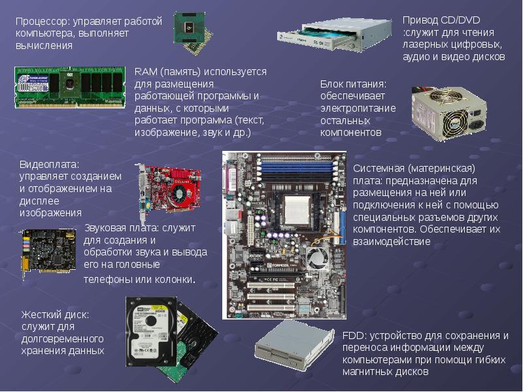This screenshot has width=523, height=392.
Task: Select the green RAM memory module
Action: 70,88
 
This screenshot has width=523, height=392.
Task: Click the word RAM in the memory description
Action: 145,72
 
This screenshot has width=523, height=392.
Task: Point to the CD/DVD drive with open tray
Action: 334,35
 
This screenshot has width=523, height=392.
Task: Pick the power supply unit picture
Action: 449,113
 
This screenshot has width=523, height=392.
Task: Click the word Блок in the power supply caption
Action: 331,84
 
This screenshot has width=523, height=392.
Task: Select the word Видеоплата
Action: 50,165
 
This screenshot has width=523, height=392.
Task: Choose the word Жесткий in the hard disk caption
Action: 42,315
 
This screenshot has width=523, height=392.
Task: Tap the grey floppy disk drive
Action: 294,346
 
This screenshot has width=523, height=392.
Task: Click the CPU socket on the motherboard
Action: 297,210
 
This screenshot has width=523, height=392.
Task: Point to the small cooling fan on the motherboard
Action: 316,257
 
